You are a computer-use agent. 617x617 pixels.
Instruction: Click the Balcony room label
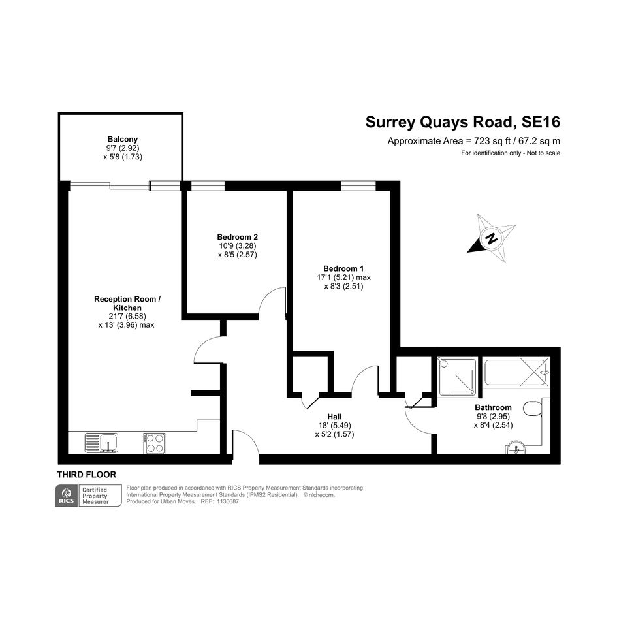(x=123, y=139)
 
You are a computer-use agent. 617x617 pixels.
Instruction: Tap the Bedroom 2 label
(x=237, y=237)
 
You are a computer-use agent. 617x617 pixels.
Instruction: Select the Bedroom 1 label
(x=343, y=269)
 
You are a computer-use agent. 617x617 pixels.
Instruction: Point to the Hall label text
(x=334, y=417)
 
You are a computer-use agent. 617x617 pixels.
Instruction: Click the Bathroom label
(x=493, y=407)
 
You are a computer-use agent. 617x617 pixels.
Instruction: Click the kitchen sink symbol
(x=101, y=443)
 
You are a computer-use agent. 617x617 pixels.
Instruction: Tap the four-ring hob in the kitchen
(x=154, y=443)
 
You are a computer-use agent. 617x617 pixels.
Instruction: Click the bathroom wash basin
(x=515, y=448)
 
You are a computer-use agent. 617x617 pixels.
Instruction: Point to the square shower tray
(x=457, y=377)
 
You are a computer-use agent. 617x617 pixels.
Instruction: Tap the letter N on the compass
(x=491, y=238)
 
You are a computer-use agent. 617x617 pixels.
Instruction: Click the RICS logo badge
(x=66, y=496)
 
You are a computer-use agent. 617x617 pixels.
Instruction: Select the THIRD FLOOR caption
(x=87, y=475)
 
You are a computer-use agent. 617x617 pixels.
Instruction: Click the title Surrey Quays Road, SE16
(x=463, y=122)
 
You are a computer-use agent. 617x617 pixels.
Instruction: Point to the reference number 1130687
(x=228, y=501)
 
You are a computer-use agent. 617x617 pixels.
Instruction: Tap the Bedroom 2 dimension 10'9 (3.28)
(x=238, y=245)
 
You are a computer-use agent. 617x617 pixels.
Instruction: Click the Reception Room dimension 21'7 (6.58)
(x=127, y=317)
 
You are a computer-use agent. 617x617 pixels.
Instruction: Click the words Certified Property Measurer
(x=95, y=496)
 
